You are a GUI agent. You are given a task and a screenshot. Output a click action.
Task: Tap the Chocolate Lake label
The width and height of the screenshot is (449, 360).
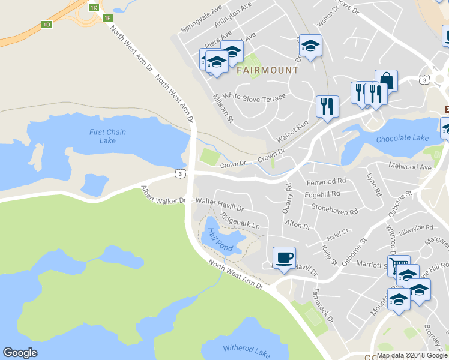coord(402,139)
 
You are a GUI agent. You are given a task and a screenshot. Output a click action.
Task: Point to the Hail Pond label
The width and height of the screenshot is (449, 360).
coord(220,239)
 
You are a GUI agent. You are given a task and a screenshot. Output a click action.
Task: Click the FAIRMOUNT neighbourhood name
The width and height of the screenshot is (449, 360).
coord(267,70)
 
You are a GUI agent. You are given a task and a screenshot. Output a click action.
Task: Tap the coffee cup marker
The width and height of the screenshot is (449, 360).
coord(284,258)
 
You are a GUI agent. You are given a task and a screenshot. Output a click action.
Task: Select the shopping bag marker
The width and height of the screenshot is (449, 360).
coord(386,80)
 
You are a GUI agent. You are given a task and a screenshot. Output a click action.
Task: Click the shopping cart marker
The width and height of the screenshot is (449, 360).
coord(398,265)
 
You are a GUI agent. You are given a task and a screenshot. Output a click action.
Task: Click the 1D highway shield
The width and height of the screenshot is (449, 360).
coord(47,25)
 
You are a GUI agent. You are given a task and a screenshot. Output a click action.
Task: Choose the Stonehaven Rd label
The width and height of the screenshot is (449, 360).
coord(334,209)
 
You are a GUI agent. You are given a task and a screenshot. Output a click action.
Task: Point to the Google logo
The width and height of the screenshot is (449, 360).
coord(20,353)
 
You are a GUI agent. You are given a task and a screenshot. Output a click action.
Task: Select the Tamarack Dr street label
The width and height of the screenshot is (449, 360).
coord(322,307)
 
